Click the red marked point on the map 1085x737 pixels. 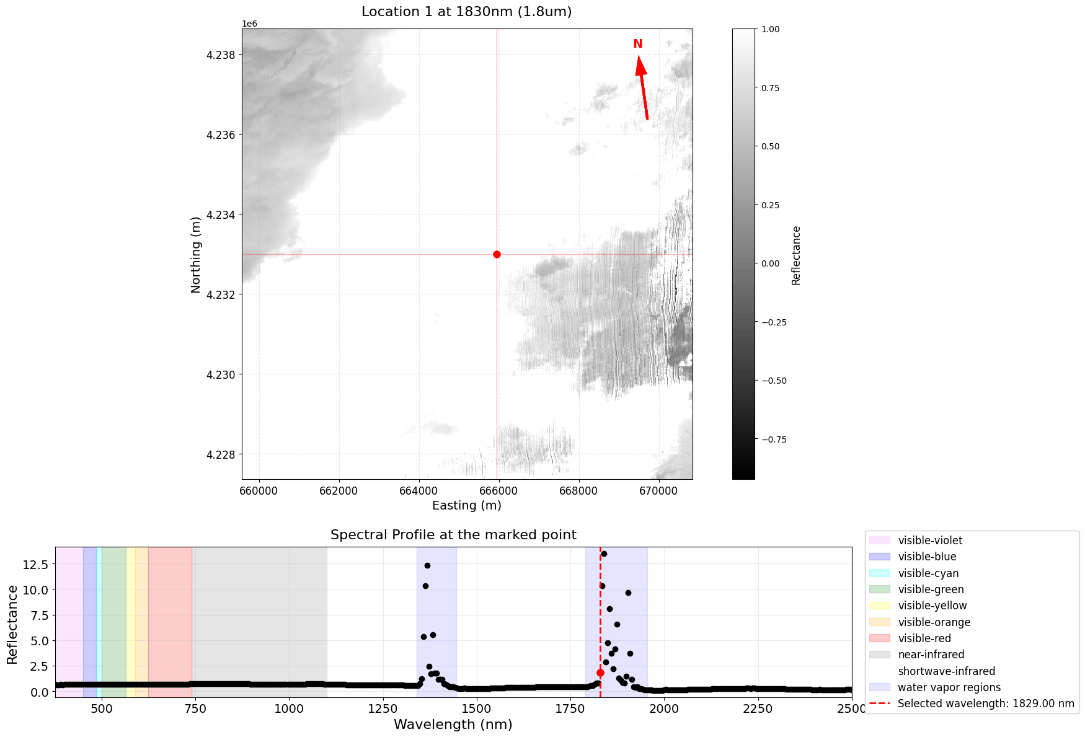(497, 254)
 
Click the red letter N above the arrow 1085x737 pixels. (637, 44)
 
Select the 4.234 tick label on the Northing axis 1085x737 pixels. (221, 215)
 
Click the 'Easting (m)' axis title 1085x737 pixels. (466, 505)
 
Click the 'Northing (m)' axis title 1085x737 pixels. (196, 255)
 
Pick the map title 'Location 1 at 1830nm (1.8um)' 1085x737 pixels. (466, 12)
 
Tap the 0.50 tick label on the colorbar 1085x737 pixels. (771, 146)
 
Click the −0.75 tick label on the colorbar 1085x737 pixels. (773, 439)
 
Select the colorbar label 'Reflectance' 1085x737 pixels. (796, 255)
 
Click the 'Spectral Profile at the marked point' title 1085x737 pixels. (453, 535)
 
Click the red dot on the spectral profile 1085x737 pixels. (600, 673)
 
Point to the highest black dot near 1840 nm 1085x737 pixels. (604, 554)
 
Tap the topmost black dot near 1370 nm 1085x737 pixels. (427, 565)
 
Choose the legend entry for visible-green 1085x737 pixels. (931, 589)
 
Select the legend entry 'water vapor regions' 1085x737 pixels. (949, 687)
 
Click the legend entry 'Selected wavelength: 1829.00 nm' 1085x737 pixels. (985, 704)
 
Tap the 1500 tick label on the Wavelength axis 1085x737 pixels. (476, 709)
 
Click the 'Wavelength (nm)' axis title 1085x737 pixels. (453, 724)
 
